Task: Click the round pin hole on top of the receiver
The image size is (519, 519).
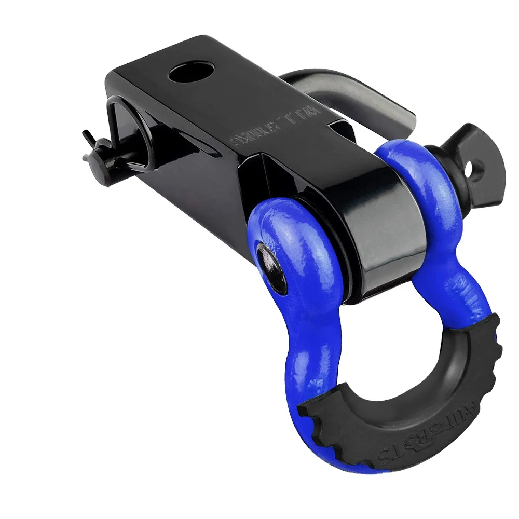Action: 192,72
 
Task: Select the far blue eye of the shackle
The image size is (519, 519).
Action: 410,176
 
